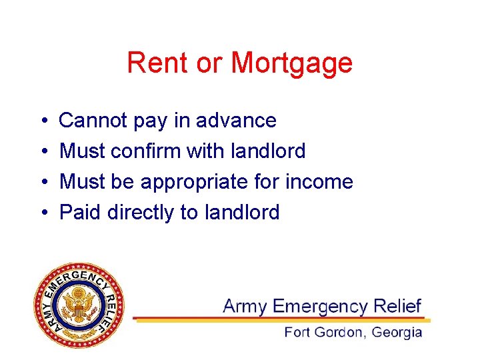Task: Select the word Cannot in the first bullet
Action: click(x=93, y=121)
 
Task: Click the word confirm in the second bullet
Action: click(x=146, y=151)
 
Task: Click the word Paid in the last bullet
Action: click(x=80, y=213)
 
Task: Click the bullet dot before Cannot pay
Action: click(x=42, y=121)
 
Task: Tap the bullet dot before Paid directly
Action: click(x=42, y=213)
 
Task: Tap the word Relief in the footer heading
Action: click(x=397, y=306)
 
